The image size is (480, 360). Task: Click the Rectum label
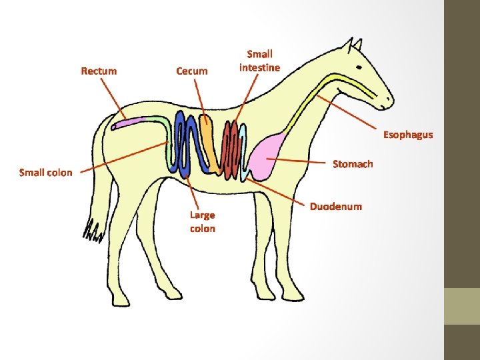click(x=99, y=71)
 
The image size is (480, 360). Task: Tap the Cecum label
click(x=191, y=71)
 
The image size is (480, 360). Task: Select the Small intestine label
click(x=260, y=60)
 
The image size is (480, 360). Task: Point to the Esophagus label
click(x=407, y=135)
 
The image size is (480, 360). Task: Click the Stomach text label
click(x=353, y=164)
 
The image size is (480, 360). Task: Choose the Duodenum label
click(x=335, y=206)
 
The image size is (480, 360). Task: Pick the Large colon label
click(x=202, y=221)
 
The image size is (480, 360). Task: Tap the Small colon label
click(x=46, y=173)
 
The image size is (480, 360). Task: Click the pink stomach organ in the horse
click(x=271, y=157)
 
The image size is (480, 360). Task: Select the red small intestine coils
click(x=231, y=151)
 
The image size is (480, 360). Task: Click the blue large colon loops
click(x=185, y=143)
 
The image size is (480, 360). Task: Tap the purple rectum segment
click(x=128, y=122)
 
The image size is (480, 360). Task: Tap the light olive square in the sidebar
click(x=461, y=306)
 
